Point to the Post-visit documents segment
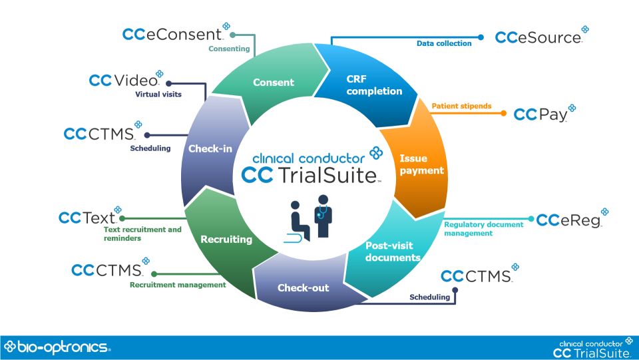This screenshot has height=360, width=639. (393, 252)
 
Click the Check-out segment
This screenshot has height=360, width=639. (303, 287)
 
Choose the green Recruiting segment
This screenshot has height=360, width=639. (226, 239)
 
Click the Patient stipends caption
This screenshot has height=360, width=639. (461, 106)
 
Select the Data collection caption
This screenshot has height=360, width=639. (444, 44)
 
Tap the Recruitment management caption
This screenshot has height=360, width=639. (178, 285)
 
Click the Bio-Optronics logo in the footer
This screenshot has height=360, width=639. (57, 347)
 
